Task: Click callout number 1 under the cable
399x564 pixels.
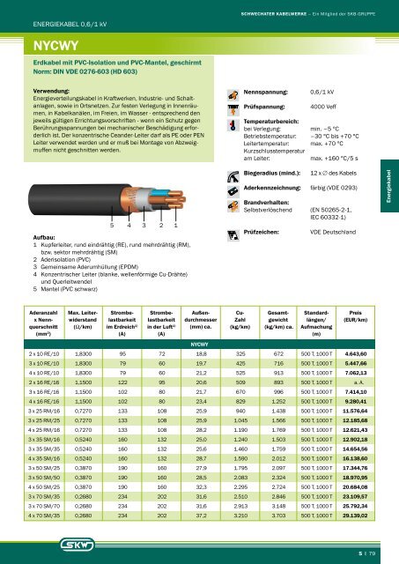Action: coord(176,226)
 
